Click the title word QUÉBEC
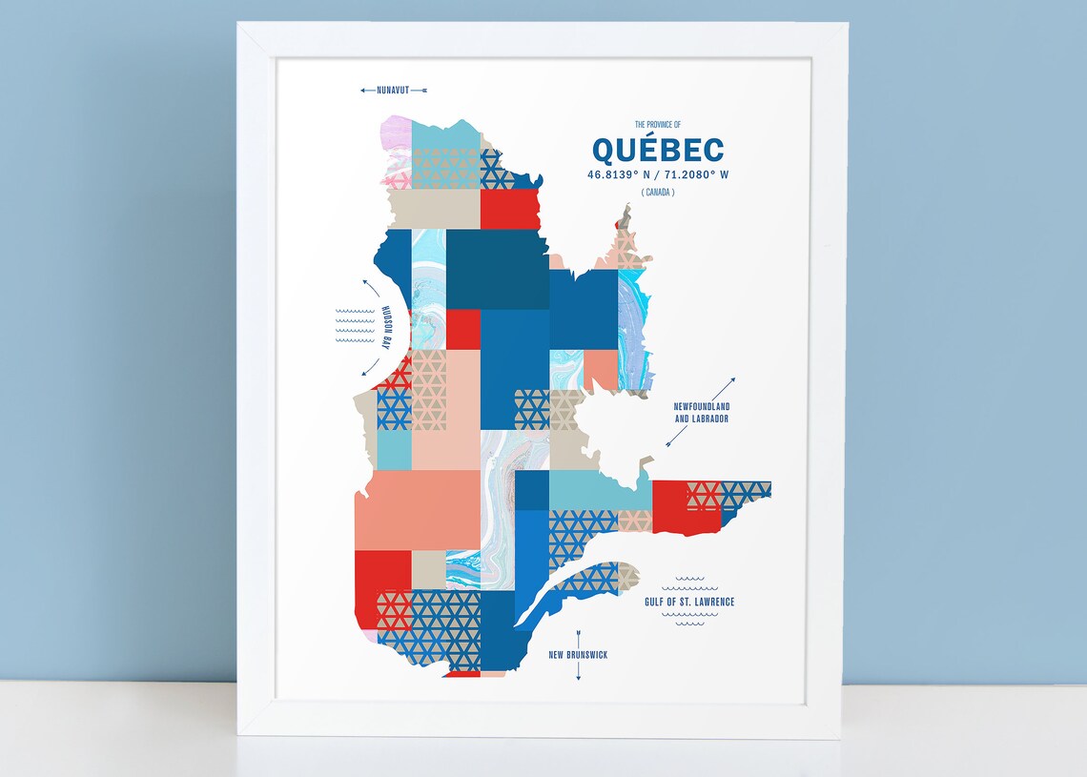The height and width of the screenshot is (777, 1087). click(657, 150)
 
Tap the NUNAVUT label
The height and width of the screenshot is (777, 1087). click(393, 91)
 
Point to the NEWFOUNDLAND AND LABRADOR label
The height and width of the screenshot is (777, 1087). click(701, 412)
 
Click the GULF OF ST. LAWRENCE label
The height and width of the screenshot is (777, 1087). click(688, 602)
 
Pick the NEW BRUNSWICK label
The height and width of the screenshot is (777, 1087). click(578, 655)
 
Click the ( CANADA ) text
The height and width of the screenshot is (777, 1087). click(658, 193)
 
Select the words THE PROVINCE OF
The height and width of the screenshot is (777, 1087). click(658, 124)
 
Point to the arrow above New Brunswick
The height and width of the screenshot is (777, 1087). click(578, 638)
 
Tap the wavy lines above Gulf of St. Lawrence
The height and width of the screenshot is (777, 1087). click(688, 582)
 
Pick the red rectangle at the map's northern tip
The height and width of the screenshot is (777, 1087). click(509, 209)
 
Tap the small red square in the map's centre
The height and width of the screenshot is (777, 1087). click(463, 329)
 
